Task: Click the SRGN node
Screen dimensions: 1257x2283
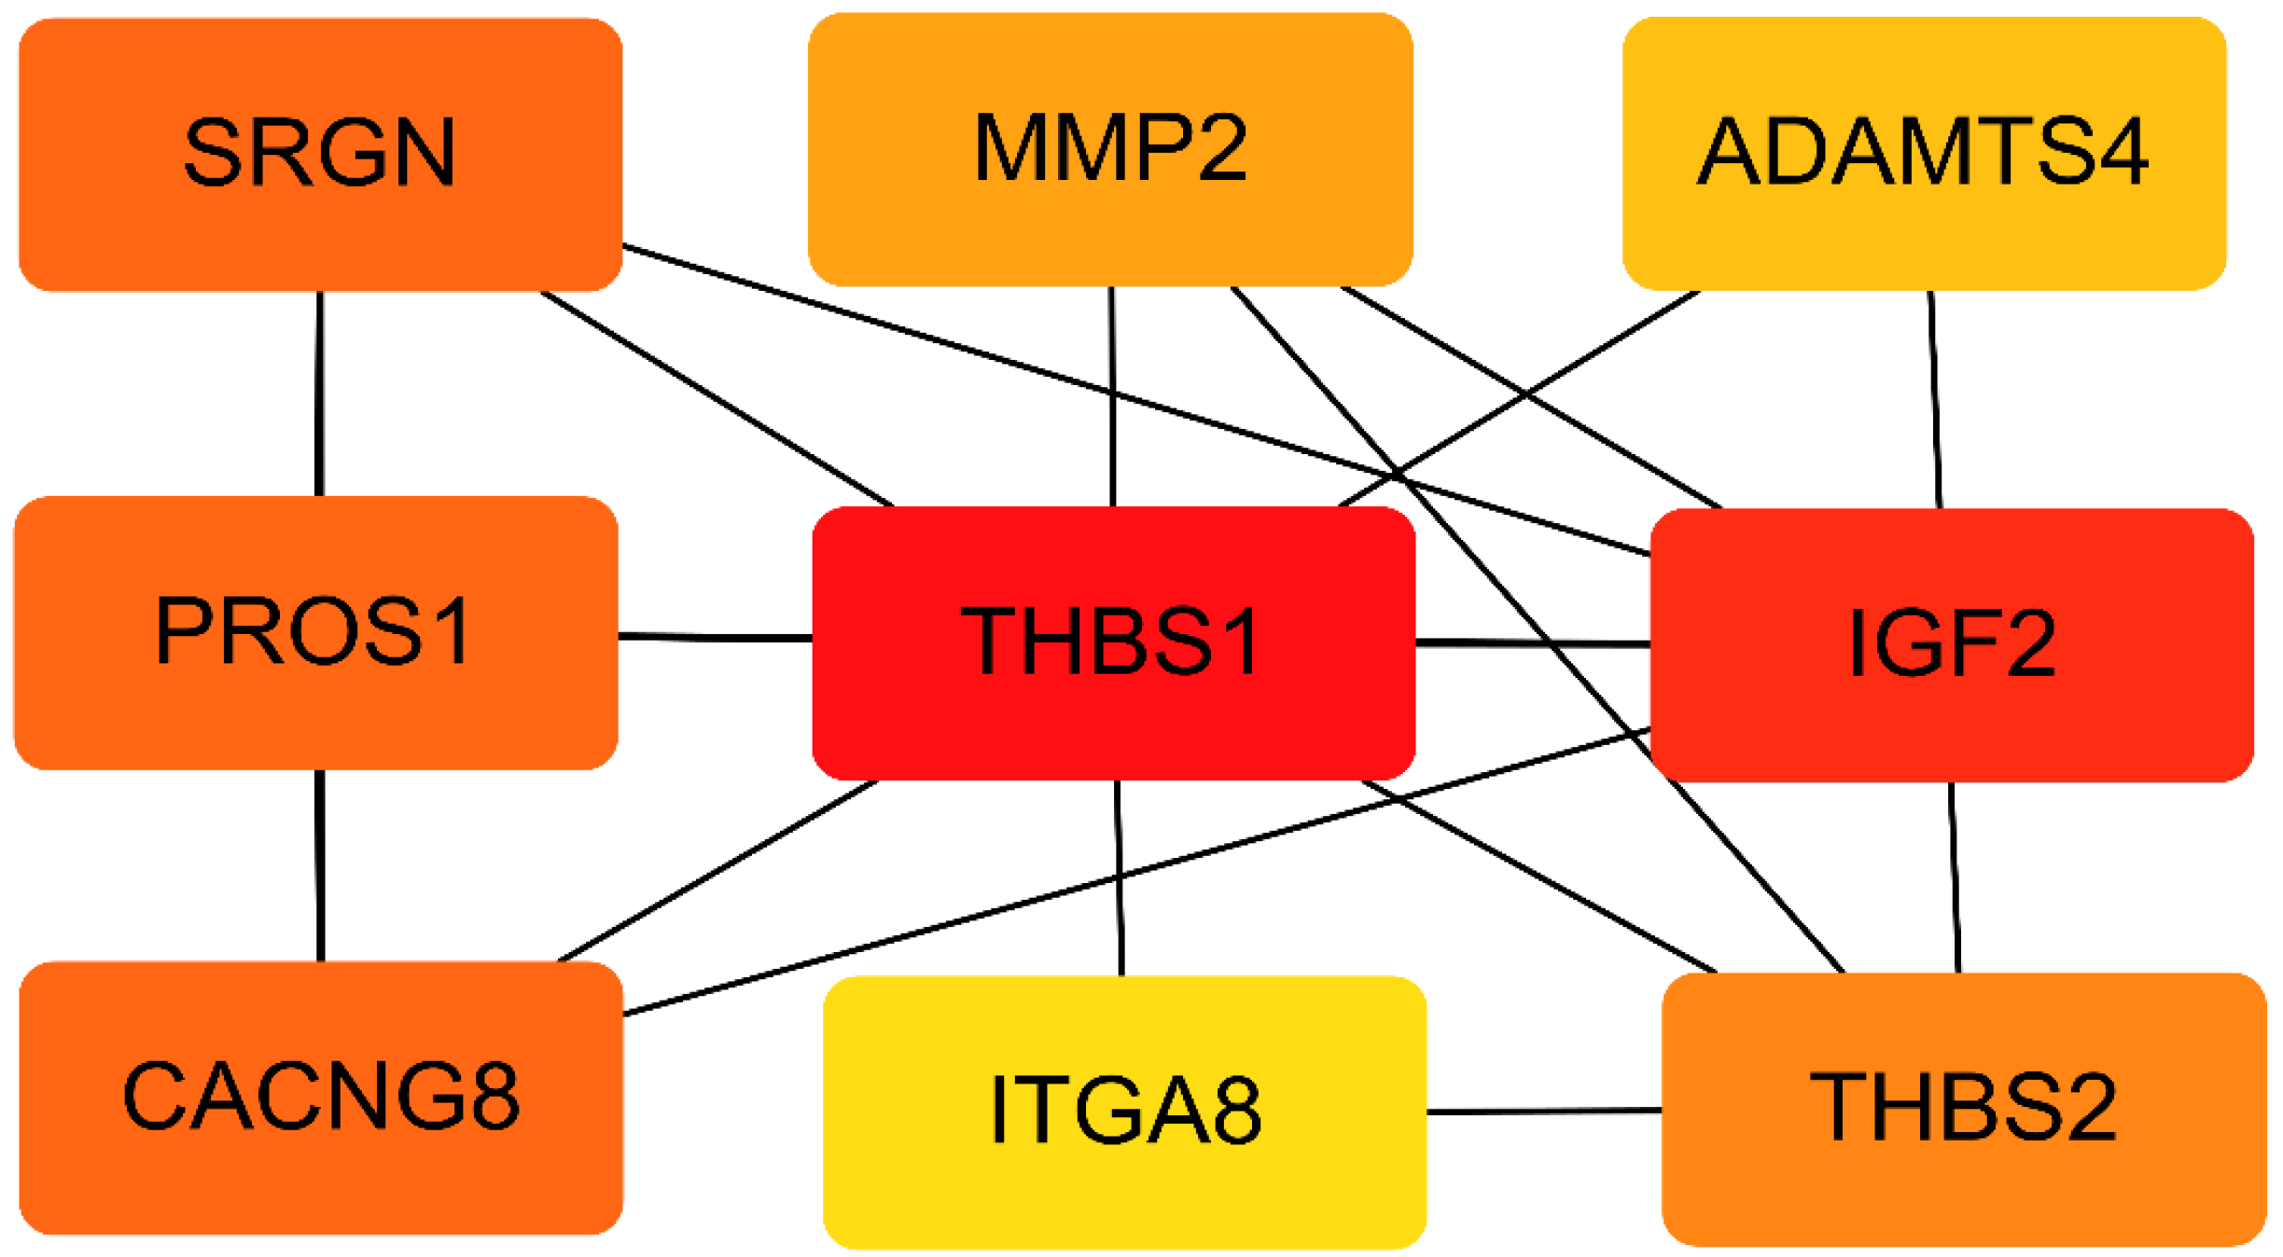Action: (x=320, y=154)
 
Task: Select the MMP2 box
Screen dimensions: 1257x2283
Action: (x=1110, y=149)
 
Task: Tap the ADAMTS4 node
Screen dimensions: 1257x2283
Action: (x=1924, y=154)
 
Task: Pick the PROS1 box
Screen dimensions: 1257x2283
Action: (x=315, y=632)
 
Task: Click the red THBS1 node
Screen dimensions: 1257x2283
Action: (x=1113, y=642)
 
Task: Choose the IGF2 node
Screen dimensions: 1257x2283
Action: (x=1952, y=644)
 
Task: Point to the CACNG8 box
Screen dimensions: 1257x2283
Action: (x=321, y=1097)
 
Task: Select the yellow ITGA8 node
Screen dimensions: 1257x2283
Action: (x=1124, y=1112)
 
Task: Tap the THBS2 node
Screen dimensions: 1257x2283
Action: (x=1964, y=1109)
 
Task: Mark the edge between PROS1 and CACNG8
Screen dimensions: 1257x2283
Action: (x=320, y=865)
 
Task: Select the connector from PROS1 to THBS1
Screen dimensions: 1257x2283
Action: (x=715, y=638)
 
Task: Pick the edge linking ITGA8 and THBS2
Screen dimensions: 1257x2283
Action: (x=1544, y=1111)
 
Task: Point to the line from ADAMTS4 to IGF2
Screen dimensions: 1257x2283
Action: (x=1935, y=399)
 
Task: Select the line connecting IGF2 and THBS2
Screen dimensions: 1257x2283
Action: (x=1954, y=877)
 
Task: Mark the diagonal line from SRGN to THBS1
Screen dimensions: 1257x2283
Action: (x=717, y=399)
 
